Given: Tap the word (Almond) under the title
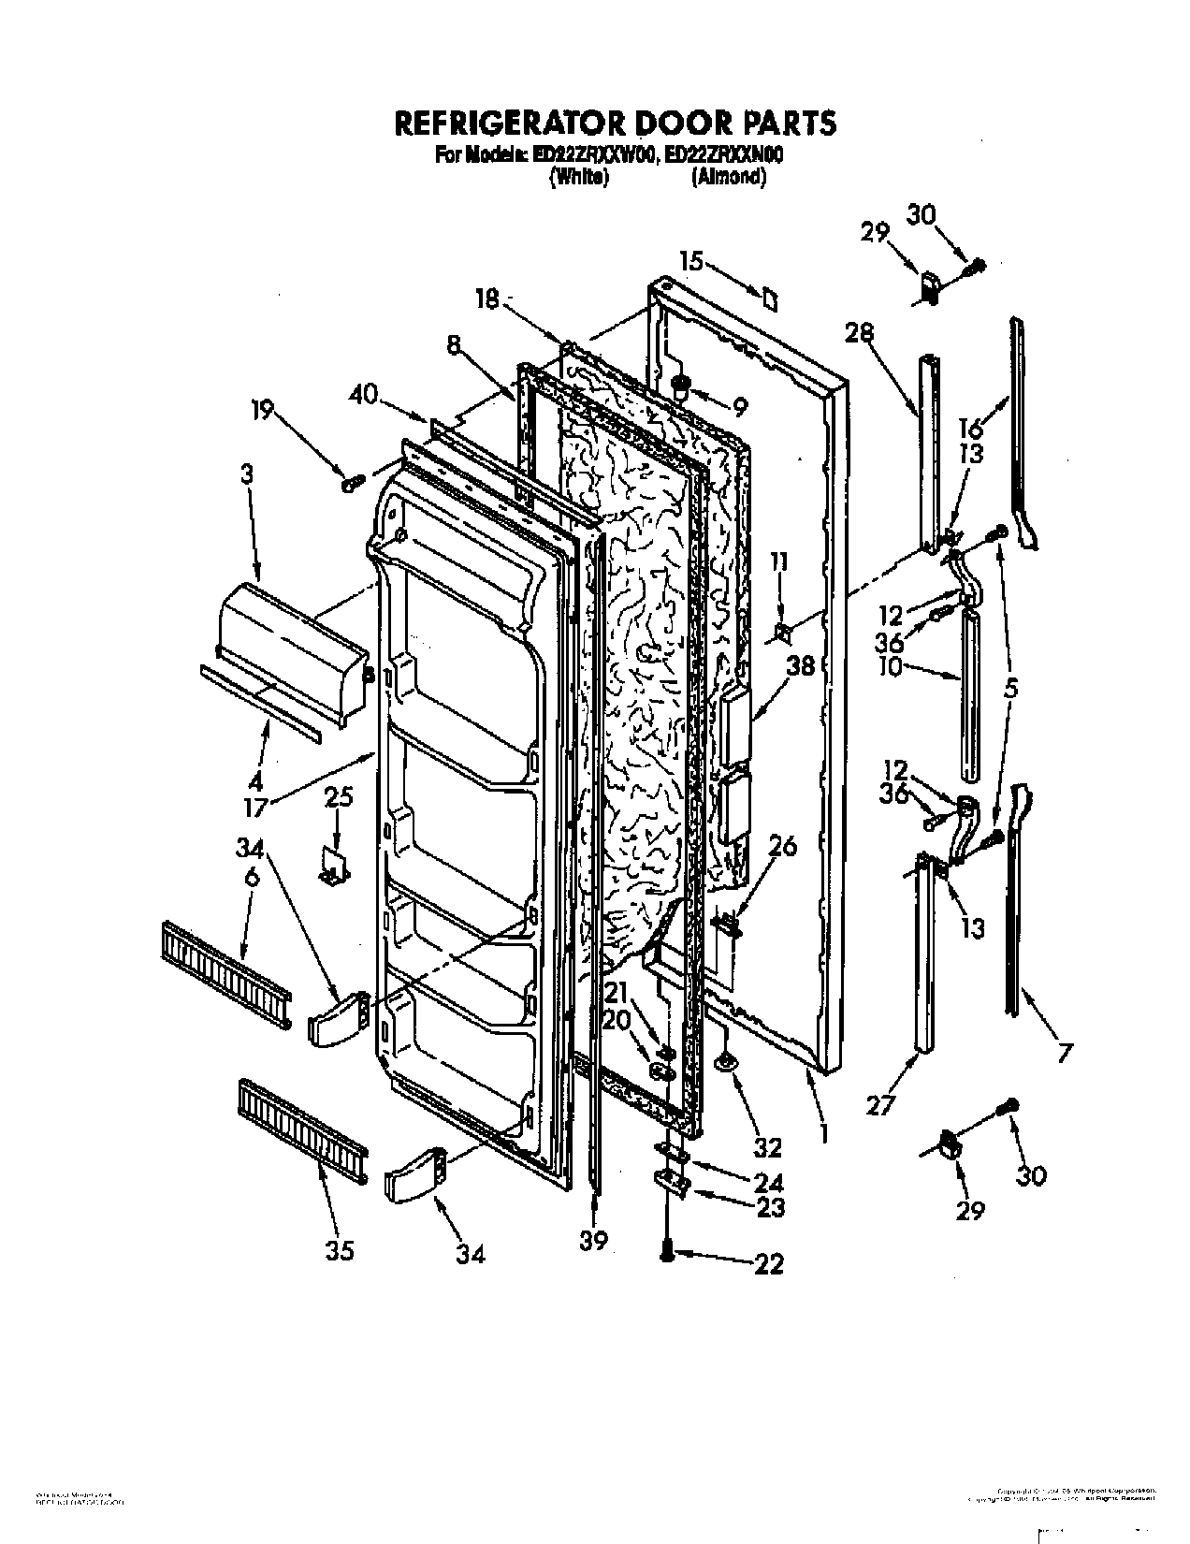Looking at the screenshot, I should (x=729, y=177).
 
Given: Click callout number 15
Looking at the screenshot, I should (x=690, y=262).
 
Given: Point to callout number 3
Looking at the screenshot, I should (x=246, y=475).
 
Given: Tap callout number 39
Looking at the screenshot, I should (x=593, y=1240).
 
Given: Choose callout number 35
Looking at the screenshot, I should (x=341, y=1250).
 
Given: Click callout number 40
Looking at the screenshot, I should (x=363, y=396).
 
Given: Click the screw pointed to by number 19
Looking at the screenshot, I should (x=354, y=483).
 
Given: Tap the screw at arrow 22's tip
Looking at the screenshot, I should (x=666, y=1254).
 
